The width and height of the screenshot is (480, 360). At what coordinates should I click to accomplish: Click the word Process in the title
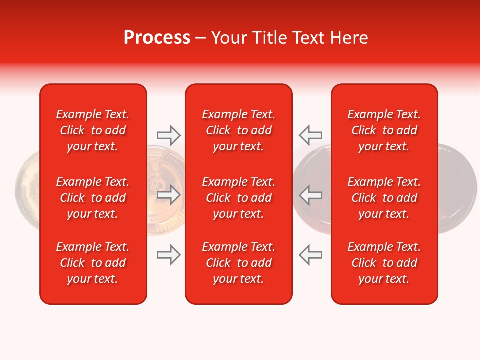(x=157, y=38)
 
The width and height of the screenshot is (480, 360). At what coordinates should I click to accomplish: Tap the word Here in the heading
(x=348, y=38)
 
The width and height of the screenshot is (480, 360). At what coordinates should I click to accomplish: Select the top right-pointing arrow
(x=168, y=135)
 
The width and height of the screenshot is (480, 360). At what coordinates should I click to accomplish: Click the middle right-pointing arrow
(x=168, y=195)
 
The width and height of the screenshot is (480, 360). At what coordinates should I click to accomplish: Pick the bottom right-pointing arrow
(x=168, y=255)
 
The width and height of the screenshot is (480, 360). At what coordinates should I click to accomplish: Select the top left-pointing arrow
(x=310, y=135)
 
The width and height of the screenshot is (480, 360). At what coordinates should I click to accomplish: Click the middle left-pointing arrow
(x=310, y=195)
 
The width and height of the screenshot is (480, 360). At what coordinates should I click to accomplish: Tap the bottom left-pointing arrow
(x=310, y=255)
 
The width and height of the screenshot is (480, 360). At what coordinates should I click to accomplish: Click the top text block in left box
(x=93, y=130)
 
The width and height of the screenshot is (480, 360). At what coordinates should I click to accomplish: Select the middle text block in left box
(x=93, y=198)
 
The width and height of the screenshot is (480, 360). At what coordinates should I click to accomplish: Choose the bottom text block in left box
(x=93, y=263)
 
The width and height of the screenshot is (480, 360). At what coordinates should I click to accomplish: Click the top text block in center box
(x=238, y=130)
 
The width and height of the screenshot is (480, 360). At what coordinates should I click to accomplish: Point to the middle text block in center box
(x=238, y=198)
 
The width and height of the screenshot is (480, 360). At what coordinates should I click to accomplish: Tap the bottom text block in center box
(x=238, y=263)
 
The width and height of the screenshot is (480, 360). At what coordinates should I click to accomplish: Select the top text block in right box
(x=384, y=130)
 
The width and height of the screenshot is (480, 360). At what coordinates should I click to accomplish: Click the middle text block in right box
(x=384, y=198)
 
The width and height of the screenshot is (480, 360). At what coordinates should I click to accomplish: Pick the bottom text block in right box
(x=384, y=263)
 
